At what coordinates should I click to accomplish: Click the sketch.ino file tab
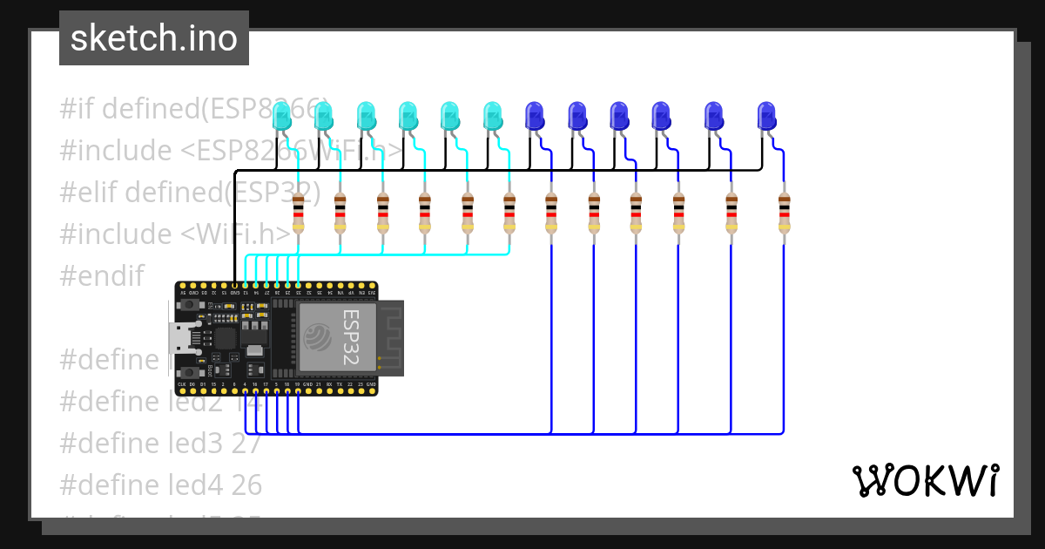(153, 38)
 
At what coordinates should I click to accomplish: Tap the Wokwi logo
(924, 480)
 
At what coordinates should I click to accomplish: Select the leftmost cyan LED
(281, 117)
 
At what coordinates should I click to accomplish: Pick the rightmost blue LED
(766, 117)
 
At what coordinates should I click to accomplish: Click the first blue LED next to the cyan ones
(534, 117)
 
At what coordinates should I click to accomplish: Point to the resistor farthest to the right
(784, 213)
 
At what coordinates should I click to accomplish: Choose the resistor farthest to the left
(298, 213)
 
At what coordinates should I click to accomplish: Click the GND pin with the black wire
(235, 285)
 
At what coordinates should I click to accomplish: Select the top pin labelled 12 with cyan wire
(246, 285)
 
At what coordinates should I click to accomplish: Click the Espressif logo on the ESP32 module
(319, 336)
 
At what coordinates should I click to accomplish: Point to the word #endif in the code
(101, 275)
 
